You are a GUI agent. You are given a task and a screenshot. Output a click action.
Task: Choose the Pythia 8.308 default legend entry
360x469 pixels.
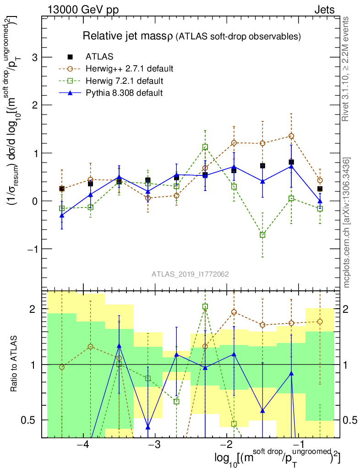[x=124, y=93]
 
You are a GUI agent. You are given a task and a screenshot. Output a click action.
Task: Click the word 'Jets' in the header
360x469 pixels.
[x=324, y=10]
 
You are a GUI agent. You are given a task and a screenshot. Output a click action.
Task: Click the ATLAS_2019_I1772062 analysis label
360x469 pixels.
[x=190, y=274]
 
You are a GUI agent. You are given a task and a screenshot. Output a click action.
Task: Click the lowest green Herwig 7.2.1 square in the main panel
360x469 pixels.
[x=262, y=235]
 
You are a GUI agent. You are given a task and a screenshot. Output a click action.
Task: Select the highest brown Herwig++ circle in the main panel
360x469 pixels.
[x=291, y=136]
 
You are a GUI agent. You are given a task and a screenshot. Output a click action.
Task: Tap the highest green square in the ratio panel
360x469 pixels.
[x=205, y=306]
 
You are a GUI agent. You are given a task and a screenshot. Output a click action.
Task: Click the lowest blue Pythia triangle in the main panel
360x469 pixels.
[x=62, y=215]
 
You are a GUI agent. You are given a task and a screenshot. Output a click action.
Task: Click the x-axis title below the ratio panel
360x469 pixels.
[x=277, y=458]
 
